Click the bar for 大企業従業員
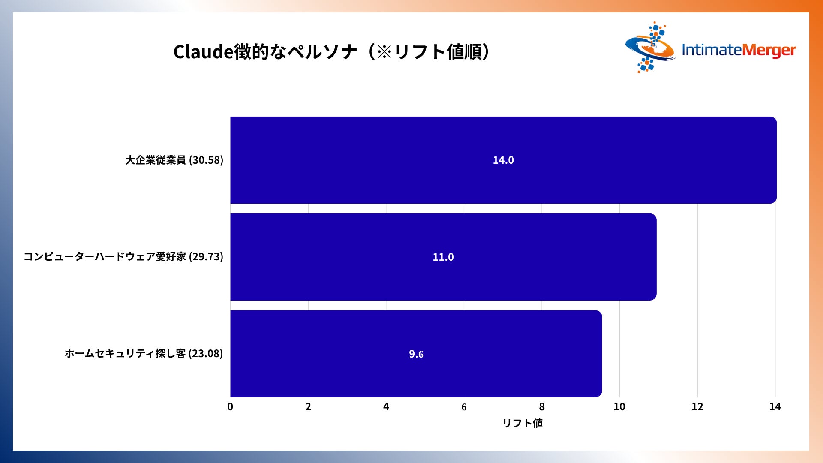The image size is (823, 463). click(503, 160)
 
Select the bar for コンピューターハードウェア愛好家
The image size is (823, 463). click(443, 257)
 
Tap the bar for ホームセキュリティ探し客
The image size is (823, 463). click(416, 354)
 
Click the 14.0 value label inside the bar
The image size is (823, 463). click(503, 160)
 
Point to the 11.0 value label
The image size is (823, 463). click(443, 257)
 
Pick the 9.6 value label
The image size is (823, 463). click(416, 354)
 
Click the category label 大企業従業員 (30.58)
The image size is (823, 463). click(174, 160)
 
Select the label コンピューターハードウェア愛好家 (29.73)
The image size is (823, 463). click(123, 256)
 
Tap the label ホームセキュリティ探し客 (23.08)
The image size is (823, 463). click(144, 353)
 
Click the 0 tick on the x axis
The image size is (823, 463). click(230, 406)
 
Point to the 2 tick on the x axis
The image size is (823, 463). click(308, 406)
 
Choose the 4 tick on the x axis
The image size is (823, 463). click(386, 406)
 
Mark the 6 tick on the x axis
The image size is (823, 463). click(464, 407)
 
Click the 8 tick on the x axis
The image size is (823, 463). click(542, 406)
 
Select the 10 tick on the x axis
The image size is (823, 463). click(619, 406)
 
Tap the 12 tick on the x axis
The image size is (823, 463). click(697, 406)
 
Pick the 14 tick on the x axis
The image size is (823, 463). click(775, 406)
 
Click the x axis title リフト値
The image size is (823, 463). click(523, 423)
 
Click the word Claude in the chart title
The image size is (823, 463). click(204, 52)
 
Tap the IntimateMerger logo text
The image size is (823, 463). click(739, 50)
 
